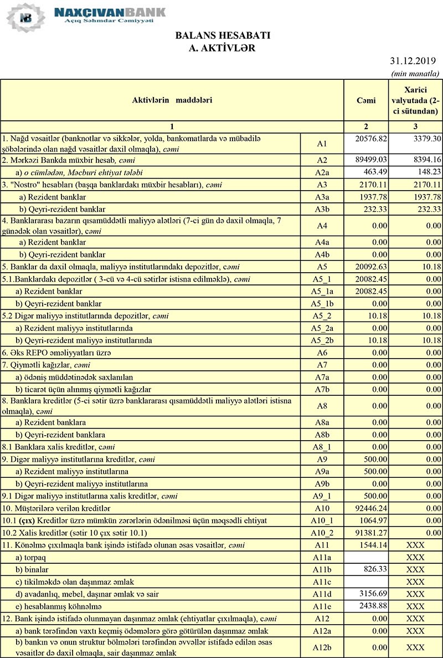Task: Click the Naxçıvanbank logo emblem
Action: coord(25,17)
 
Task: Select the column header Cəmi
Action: coord(366,100)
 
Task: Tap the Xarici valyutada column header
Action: coord(422,100)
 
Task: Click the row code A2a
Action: coord(322,172)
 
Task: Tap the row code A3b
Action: coord(322,209)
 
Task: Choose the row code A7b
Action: coord(322,389)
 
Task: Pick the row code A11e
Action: coord(322,606)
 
